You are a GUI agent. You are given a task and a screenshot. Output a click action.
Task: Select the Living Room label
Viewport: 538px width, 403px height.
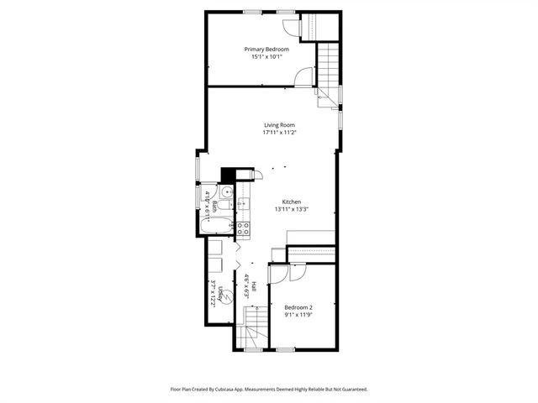click(x=279, y=125)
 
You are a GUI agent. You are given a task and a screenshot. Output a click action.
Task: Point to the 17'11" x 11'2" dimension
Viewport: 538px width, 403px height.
click(x=279, y=133)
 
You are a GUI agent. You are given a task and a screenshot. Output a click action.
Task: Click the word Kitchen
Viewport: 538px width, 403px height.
click(x=291, y=201)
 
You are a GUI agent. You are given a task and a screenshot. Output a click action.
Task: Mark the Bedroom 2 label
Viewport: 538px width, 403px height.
click(x=298, y=307)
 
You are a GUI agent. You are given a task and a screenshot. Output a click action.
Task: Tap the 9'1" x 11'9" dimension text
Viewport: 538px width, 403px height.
click(x=298, y=315)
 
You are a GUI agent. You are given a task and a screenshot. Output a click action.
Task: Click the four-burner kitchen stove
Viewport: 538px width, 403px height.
click(x=242, y=226)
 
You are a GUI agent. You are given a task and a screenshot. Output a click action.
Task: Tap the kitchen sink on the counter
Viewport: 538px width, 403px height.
click(x=242, y=203)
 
